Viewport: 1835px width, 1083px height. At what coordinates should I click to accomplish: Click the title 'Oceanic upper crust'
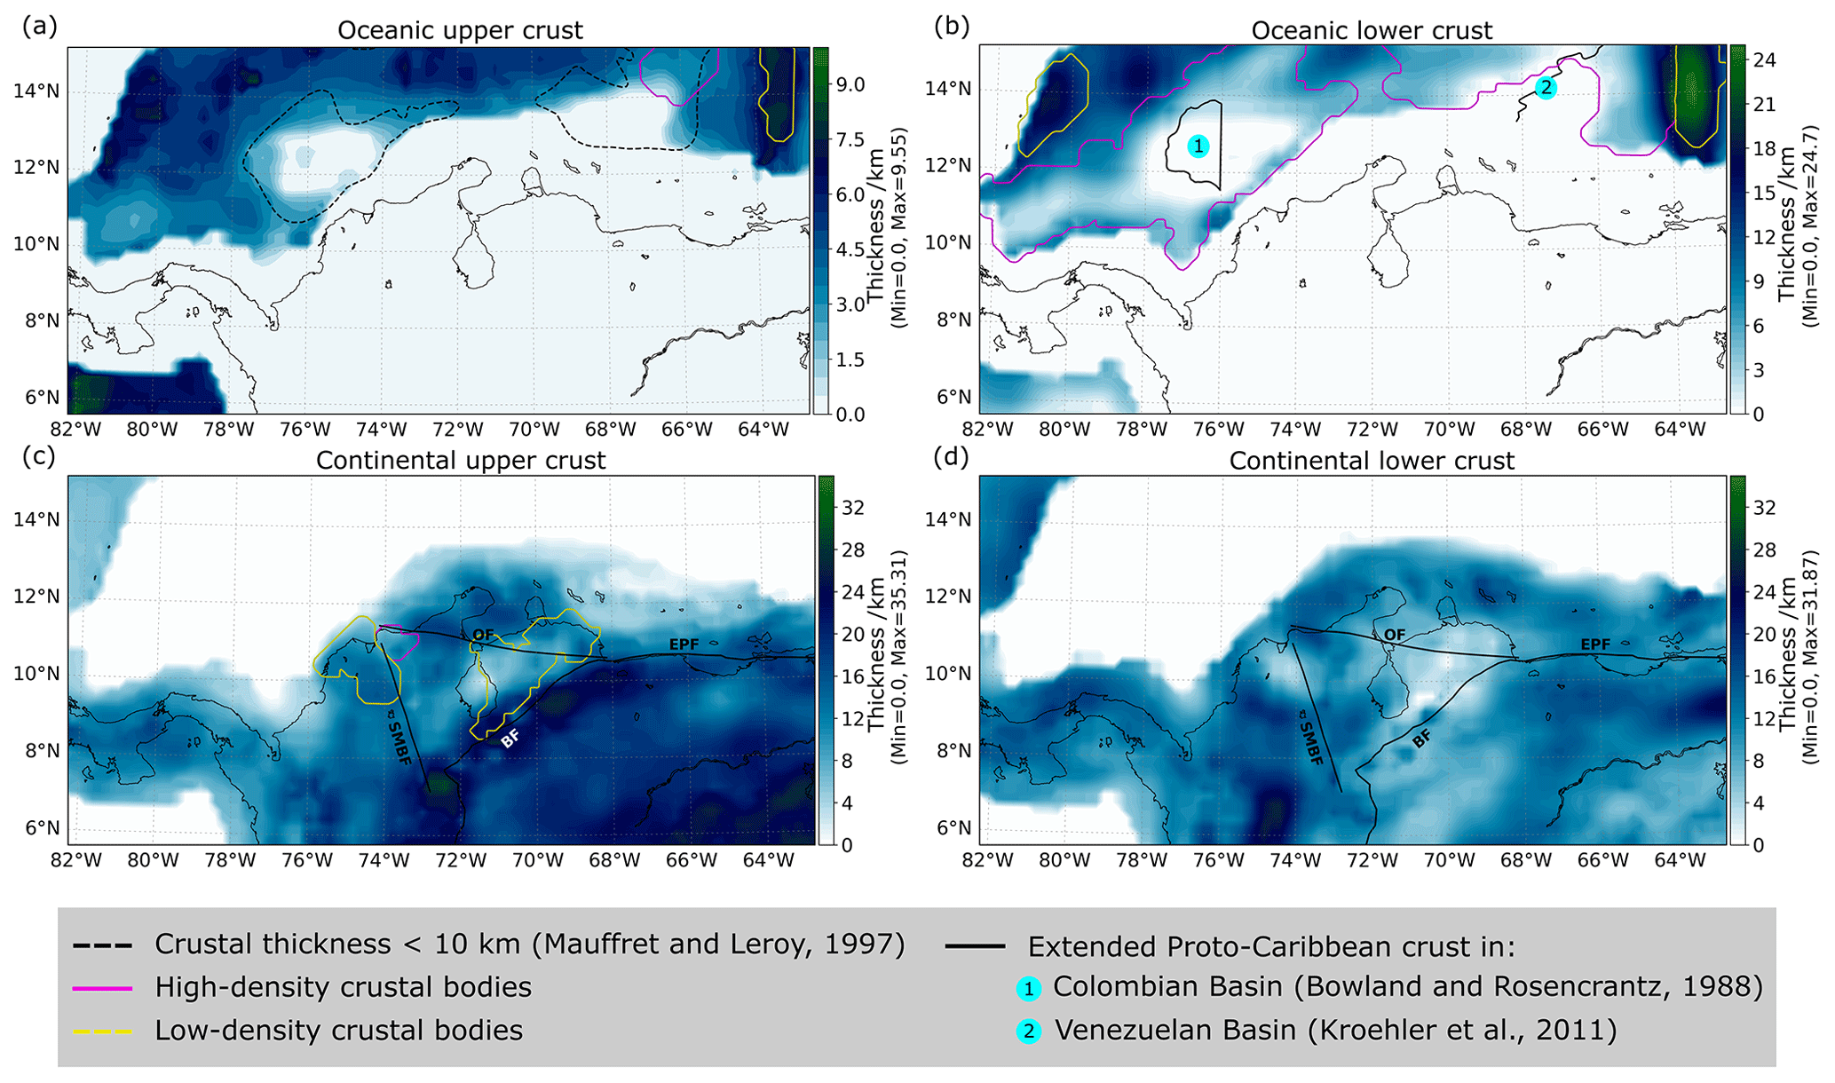[460, 30]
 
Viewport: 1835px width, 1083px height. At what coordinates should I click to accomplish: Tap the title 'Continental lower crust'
[1372, 461]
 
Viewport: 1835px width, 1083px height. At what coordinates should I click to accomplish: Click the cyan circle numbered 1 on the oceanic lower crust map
[1198, 146]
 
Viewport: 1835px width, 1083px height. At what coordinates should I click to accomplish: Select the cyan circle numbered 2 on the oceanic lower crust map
[1546, 88]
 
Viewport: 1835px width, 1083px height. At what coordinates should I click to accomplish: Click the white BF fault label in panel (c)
[510, 738]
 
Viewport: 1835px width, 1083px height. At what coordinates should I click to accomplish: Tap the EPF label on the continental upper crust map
[684, 644]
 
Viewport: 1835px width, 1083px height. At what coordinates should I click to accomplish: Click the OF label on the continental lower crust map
[1395, 635]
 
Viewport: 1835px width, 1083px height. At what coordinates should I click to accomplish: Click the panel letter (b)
[952, 26]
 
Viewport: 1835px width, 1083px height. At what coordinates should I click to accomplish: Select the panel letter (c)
[39, 456]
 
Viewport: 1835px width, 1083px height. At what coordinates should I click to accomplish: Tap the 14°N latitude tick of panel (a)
[36, 91]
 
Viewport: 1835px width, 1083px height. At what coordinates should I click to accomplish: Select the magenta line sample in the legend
[102, 988]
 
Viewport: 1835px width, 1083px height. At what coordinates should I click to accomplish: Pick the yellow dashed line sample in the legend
[102, 1032]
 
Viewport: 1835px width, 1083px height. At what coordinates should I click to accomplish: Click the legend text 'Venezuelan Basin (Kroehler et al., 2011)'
[1335, 1031]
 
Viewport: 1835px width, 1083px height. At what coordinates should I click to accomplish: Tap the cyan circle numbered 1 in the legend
[1029, 988]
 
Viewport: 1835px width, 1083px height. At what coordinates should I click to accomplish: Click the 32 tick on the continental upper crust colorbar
[853, 508]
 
